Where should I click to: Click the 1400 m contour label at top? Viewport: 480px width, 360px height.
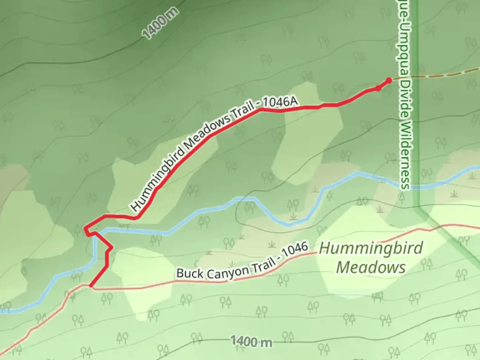click(160, 23)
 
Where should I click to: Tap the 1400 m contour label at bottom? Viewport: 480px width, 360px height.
click(251, 341)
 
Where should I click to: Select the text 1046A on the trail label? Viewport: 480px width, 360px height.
click(279, 102)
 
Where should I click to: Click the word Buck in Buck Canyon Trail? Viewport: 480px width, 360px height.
click(190, 273)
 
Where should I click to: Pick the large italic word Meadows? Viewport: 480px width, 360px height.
click(371, 267)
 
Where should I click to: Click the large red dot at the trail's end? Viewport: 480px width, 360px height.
click(389, 80)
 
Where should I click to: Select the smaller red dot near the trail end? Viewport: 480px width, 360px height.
click(378, 88)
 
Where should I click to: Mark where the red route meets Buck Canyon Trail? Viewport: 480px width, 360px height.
click(91, 286)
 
